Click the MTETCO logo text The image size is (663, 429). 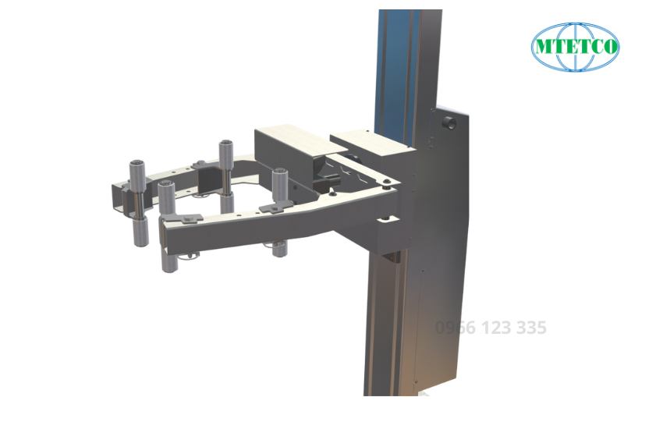576,47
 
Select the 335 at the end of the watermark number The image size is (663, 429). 530,328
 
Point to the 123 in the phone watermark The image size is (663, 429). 493,328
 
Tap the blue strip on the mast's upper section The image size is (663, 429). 394,70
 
